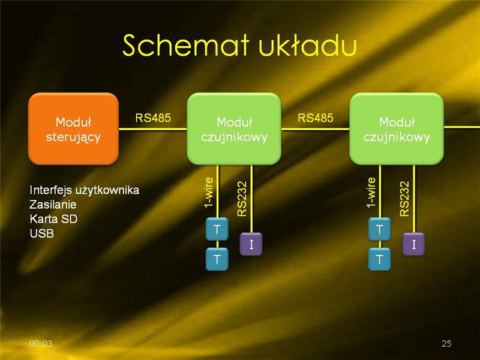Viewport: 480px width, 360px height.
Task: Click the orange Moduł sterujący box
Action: coord(73,129)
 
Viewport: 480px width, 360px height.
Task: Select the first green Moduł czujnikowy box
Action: coord(234,129)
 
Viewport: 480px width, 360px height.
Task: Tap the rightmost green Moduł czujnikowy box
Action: coord(397,129)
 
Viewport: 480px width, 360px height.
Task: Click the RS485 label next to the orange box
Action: coord(153,118)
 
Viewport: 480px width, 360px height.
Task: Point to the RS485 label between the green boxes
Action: coord(316,118)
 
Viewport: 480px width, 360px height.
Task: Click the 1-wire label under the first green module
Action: coord(209,193)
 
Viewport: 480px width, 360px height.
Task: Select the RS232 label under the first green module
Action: coord(242,199)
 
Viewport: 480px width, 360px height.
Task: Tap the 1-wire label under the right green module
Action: coord(371,193)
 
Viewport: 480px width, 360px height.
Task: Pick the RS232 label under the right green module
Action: coord(404,199)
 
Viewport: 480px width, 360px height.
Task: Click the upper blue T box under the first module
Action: coord(217,229)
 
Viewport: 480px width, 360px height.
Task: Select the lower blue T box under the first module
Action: coord(217,260)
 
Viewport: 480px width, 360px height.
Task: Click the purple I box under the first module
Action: coord(251,244)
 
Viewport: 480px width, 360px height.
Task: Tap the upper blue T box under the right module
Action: coord(380,229)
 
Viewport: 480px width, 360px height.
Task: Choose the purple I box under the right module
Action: coord(413,244)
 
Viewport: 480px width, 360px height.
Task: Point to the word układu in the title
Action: coord(308,46)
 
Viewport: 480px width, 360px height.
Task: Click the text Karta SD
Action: coord(53,219)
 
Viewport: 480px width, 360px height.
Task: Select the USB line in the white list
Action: coord(42,233)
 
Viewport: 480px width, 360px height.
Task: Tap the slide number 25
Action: coord(446,343)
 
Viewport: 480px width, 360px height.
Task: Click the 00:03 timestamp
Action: coord(41,343)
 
